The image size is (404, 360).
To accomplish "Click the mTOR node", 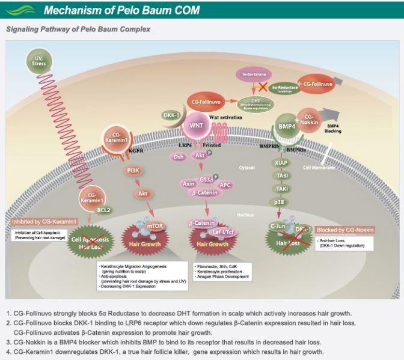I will (155, 225).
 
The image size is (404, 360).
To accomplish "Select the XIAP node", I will (280, 162).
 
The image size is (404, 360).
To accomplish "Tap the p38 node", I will (280, 202).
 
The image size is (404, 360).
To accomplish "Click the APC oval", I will (226, 185).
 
